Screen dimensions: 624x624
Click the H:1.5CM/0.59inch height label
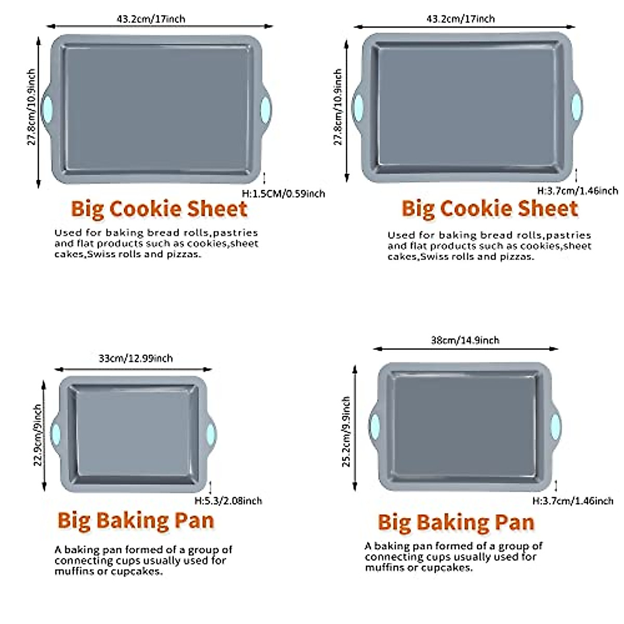pos(283,194)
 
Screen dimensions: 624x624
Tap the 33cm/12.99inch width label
pos(136,358)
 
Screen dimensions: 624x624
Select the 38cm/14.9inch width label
pos(465,341)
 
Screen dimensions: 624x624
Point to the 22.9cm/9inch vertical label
pos(37,435)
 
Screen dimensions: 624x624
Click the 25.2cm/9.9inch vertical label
pos(346,431)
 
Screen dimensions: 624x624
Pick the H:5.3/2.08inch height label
pos(228,501)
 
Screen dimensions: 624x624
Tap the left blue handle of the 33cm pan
pos(55,434)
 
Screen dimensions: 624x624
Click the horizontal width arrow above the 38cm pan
pos(466,349)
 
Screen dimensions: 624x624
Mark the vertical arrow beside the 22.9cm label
pos(44,435)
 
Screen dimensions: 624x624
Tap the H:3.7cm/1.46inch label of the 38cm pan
pos(573,501)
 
